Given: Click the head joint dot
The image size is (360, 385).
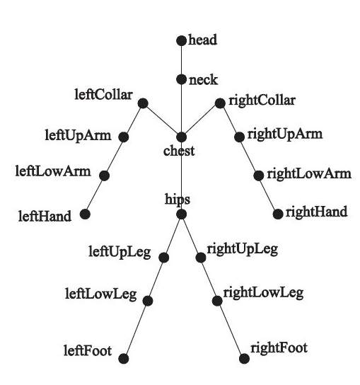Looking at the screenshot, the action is [x=181, y=41].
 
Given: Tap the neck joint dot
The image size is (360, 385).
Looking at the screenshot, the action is [x=181, y=79].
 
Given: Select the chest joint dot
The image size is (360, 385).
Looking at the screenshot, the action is [x=181, y=137].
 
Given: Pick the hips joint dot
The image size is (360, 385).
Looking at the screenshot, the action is [x=181, y=214].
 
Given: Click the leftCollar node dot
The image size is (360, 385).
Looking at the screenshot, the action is [x=143, y=103].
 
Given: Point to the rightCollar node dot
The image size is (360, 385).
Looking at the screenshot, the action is [x=220, y=103].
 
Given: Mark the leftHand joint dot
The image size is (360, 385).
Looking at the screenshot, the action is [x=85, y=214].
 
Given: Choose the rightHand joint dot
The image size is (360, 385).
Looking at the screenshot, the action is [x=278, y=214].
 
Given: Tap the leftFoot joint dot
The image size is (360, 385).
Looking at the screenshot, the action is [x=124, y=359].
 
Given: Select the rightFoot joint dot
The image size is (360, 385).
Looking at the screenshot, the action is [x=244, y=359].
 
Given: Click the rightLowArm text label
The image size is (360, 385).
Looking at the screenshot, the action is [x=309, y=174].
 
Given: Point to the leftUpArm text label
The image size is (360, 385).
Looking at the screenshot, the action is [x=78, y=136].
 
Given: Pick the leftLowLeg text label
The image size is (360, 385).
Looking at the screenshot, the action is [x=101, y=294].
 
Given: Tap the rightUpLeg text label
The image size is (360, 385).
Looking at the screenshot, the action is [x=243, y=250].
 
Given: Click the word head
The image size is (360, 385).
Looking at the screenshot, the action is [x=203, y=40].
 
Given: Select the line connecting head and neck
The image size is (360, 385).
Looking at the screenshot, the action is [x=181, y=60].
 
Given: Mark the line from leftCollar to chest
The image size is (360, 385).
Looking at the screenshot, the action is [x=162, y=120].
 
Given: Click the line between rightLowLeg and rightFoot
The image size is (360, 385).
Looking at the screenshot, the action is [x=231, y=330].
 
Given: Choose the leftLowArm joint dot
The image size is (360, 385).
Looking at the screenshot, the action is [x=104, y=176].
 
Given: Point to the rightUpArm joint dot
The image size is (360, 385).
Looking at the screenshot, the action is [x=239, y=137].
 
